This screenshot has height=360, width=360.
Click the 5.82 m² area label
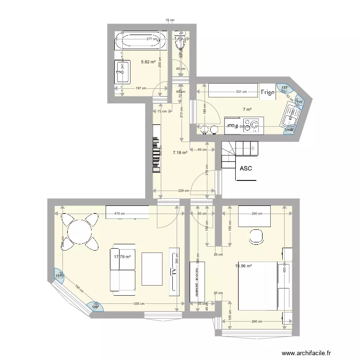(x=149, y=62)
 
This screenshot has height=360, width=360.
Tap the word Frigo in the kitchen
(x=268, y=92)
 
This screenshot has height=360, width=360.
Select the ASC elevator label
(x=245, y=168)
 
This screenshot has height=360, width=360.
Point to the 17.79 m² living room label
(x=122, y=257)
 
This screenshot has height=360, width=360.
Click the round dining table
(x=80, y=233)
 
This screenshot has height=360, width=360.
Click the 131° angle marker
(x=59, y=276)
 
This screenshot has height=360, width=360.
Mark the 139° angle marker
(x=95, y=307)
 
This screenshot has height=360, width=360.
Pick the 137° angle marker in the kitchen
(x=285, y=88)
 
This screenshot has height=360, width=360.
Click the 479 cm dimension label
(x=120, y=214)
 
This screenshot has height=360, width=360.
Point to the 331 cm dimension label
(x=241, y=92)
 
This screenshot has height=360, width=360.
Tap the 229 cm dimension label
(x=183, y=191)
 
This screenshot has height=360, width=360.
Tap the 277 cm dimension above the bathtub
(x=152, y=39)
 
